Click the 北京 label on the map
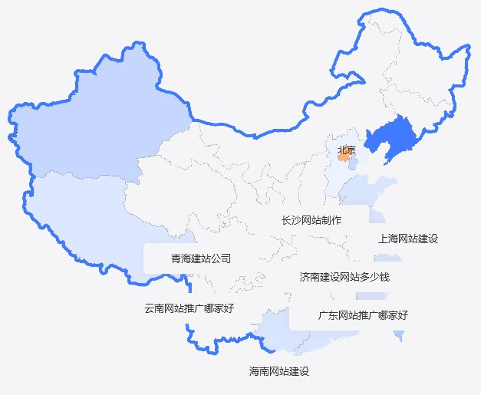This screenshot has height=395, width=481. point(347,150)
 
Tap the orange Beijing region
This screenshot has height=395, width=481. point(343,156)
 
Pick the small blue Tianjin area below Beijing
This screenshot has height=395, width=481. point(352,163)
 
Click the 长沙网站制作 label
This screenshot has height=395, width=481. point(311,220)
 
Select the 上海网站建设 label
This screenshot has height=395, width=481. point(408,239)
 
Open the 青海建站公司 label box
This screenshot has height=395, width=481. point(201,258)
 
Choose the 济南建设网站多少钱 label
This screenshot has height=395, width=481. point(344,276)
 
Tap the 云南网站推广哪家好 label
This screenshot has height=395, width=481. point(189,309)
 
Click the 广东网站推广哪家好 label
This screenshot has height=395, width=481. point(363,314)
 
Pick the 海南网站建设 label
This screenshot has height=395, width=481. point(279,371)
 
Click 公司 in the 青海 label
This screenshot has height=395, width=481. point(221,258)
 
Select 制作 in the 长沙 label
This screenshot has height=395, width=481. point(331,220)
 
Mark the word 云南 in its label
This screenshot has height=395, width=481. point(154,309)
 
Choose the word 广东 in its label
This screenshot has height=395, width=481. point(328,314)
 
